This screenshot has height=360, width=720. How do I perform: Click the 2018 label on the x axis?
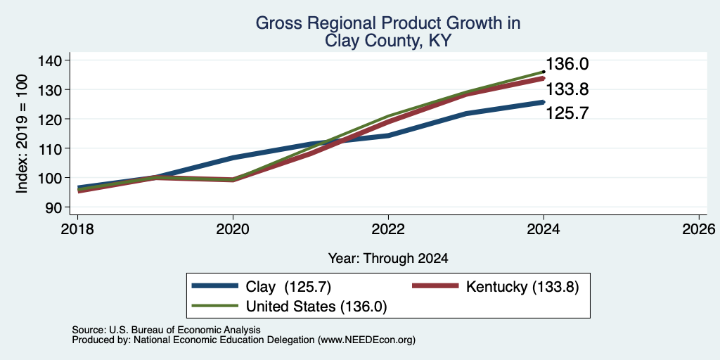77,229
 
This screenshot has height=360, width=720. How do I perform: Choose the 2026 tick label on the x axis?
699,229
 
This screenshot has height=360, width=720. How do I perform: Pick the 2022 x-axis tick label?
388,229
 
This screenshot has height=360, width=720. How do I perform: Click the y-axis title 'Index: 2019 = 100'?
22,134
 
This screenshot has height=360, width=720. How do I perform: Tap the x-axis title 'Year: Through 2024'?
388,259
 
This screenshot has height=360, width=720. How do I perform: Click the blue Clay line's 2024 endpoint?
544,102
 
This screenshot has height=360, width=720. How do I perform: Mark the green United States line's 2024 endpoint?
544,72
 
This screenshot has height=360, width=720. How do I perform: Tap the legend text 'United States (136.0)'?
316,307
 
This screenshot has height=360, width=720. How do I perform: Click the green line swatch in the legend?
215,306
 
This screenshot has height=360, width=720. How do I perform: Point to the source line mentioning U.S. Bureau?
166,330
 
